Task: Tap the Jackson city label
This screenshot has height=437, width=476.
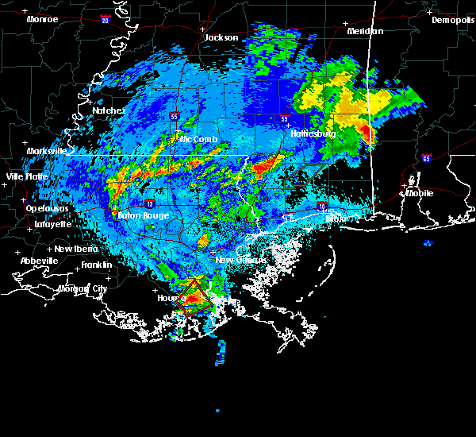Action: [221, 37]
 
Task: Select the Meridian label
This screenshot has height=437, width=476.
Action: [365, 31]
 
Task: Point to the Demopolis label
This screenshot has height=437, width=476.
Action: [452, 20]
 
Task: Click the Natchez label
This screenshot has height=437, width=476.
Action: [109, 110]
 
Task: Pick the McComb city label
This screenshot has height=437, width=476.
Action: [198, 139]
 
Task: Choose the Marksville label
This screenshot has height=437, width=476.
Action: [47, 150]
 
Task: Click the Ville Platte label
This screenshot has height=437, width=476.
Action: [27, 176]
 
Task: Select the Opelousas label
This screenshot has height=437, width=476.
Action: [48, 208]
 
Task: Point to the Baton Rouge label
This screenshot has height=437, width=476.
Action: [143, 215]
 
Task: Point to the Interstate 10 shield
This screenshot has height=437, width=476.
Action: [322, 206]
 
